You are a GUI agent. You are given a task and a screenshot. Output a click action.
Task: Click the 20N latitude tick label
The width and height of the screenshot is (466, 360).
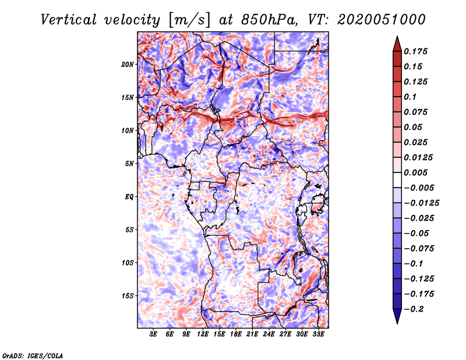[128, 65]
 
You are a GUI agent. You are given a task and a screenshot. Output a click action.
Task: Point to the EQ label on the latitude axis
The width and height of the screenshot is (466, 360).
[129, 197]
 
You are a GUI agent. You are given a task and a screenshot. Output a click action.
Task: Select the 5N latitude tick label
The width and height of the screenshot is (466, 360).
[129, 164]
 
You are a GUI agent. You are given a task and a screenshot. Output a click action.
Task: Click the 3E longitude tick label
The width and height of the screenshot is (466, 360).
[153, 334]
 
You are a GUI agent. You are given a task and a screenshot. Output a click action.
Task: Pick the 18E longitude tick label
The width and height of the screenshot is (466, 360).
[236, 334]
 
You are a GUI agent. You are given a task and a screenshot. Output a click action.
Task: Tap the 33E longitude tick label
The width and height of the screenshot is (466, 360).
[318, 334]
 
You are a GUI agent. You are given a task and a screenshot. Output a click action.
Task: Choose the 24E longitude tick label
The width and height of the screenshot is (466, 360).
[269, 334]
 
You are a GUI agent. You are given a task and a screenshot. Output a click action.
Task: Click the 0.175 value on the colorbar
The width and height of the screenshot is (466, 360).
[415, 51]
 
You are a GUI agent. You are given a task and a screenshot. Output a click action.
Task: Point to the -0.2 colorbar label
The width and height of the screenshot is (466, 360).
[414, 309]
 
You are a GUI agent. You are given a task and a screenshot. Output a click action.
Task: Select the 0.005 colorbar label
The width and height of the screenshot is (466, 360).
[415, 172]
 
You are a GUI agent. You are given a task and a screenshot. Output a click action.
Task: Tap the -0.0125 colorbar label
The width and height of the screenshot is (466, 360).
[422, 203]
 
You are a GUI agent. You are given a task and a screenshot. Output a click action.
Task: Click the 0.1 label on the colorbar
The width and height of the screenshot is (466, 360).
[410, 97]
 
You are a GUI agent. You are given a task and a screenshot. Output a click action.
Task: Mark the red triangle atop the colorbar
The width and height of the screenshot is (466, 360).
[397, 44]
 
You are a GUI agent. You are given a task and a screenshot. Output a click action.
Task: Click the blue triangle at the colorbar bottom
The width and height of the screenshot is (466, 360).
[397, 316]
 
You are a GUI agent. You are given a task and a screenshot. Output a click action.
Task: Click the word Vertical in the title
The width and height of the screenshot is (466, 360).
[69, 20]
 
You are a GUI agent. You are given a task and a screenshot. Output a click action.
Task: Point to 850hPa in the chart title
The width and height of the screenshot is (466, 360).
[270, 20]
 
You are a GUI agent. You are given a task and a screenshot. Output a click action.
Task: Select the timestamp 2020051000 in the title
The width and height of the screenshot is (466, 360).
[382, 20]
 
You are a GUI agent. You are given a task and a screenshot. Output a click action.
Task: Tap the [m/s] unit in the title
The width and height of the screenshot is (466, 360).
[189, 20]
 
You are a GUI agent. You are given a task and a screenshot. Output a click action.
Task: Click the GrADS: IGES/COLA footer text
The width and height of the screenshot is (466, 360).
[33, 355]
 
